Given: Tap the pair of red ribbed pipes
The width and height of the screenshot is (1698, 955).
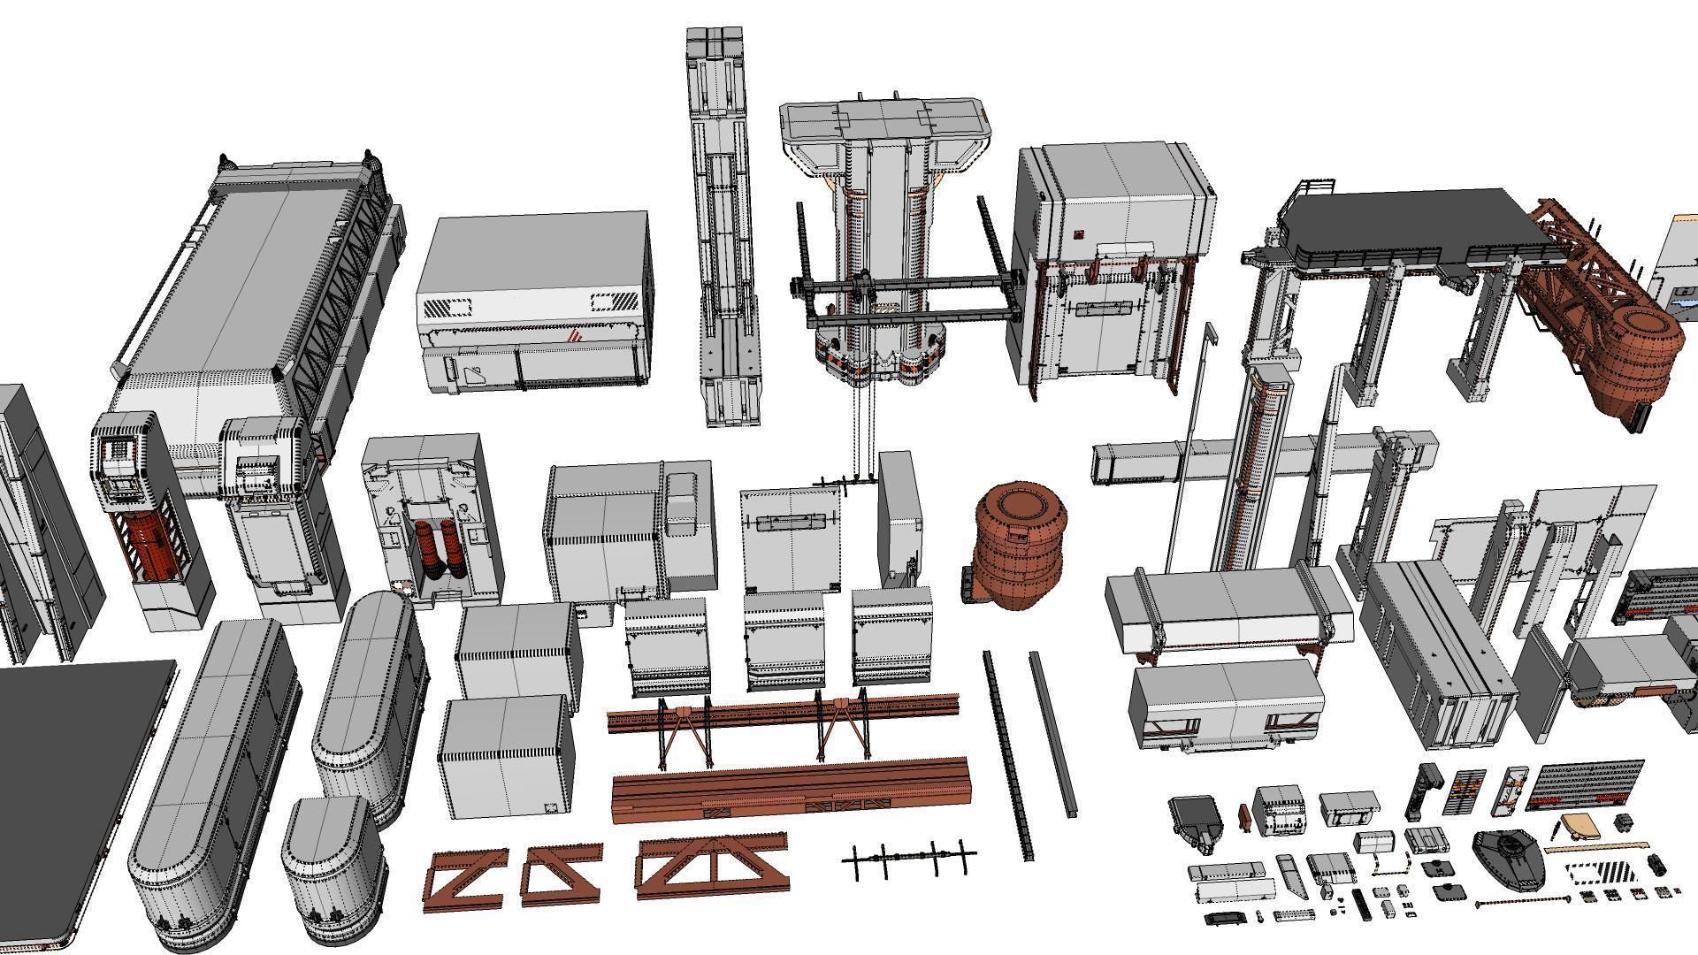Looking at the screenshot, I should click(x=437, y=549).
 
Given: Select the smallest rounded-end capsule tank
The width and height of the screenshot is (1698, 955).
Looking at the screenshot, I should click(x=334, y=871).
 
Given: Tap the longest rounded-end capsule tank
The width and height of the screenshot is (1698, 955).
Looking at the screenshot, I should click(x=212, y=778).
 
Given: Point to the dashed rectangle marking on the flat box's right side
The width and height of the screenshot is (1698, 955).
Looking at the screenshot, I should click(x=613, y=303).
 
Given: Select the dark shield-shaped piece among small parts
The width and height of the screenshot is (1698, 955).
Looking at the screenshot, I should click(x=1510, y=858).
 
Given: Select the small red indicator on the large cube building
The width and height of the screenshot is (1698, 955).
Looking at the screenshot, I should click(x=1079, y=234).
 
